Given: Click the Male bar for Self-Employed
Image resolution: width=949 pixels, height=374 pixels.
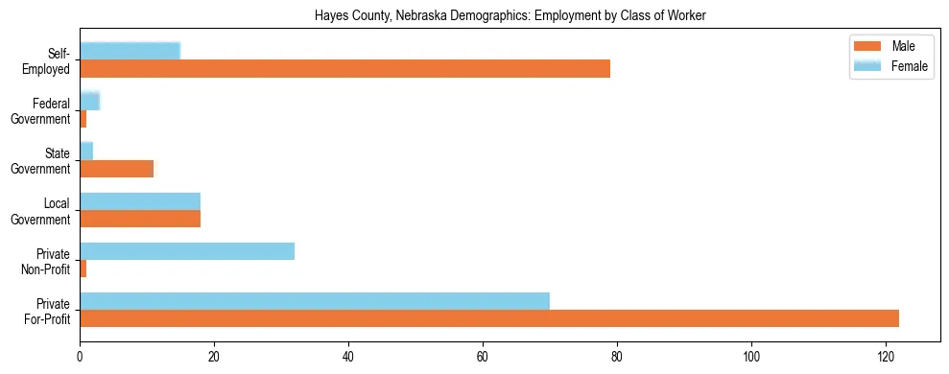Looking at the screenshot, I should (x=344, y=69).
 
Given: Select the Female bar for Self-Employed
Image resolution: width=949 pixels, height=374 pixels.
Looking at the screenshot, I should (x=130, y=52).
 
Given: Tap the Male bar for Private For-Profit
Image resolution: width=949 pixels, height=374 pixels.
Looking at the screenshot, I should (x=488, y=318).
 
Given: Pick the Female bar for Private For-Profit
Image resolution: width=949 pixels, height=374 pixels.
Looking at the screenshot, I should (x=314, y=301).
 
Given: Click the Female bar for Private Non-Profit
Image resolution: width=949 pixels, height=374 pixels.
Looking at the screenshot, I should (x=187, y=251).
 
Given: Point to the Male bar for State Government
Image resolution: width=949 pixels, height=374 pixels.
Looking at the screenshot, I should (x=116, y=169).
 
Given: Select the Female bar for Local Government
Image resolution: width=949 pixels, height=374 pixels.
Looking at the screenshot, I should (x=140, y=201).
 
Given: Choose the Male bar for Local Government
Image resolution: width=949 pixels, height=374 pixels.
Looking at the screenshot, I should (x=140, y=219).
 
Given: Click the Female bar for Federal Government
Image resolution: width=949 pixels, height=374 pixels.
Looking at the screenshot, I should (x=89, y=102).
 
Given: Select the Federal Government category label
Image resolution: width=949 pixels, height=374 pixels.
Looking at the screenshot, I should (x=44, y=110).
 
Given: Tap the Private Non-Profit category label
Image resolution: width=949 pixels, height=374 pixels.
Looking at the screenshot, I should (x=45, y=260).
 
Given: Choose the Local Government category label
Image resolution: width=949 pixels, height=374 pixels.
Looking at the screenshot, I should (x=44, y=210).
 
